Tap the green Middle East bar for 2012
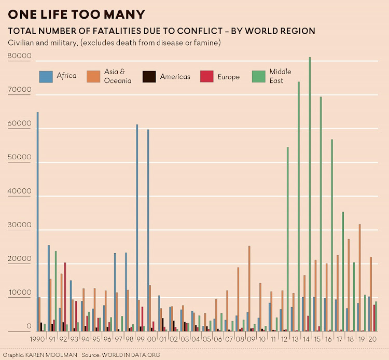click(287, 239)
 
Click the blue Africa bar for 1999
click(137, 228)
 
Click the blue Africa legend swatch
click(47, 77)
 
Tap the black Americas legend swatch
click(149, 77)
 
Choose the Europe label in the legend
click(229, 77)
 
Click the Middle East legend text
click(280, 76)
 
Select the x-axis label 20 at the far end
click(371, 339)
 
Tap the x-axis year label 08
click(239, 339)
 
